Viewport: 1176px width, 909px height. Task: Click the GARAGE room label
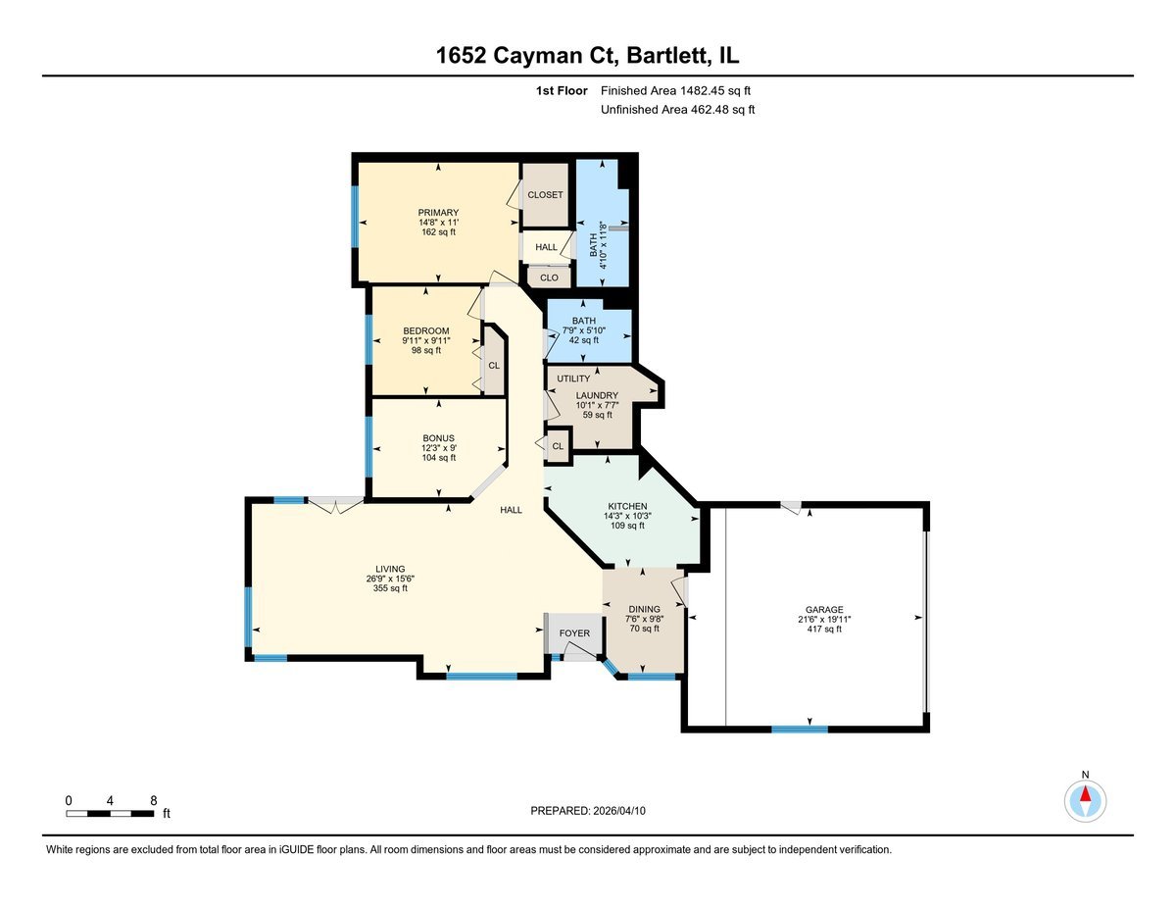(820, 609)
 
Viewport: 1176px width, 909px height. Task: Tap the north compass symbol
(1085, 800)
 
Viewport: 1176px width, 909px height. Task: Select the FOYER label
(574, 633)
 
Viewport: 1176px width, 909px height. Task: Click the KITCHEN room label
(626, 506)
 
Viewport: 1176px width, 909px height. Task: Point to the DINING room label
(643, 609)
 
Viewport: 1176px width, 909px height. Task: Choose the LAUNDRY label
(597, 395)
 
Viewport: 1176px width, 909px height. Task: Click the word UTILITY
(573, 379)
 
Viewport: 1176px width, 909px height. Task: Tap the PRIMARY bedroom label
(438, 213)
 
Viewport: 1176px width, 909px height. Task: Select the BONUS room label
(438, 438)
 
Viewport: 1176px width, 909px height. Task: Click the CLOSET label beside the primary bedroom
(545, 195)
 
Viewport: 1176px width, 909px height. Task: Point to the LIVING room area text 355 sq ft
(390, 588)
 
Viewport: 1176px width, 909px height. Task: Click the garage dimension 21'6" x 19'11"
(820, 620)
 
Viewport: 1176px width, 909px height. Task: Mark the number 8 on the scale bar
(153, 800)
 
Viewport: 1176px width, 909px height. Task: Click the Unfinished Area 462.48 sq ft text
(677, 110)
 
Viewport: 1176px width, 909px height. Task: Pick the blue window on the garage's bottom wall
(799, 729)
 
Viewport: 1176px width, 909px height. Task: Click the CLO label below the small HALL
(549, 278)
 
